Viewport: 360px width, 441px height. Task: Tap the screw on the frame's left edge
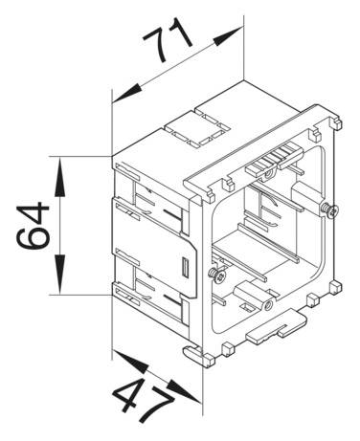click(220, 276)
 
